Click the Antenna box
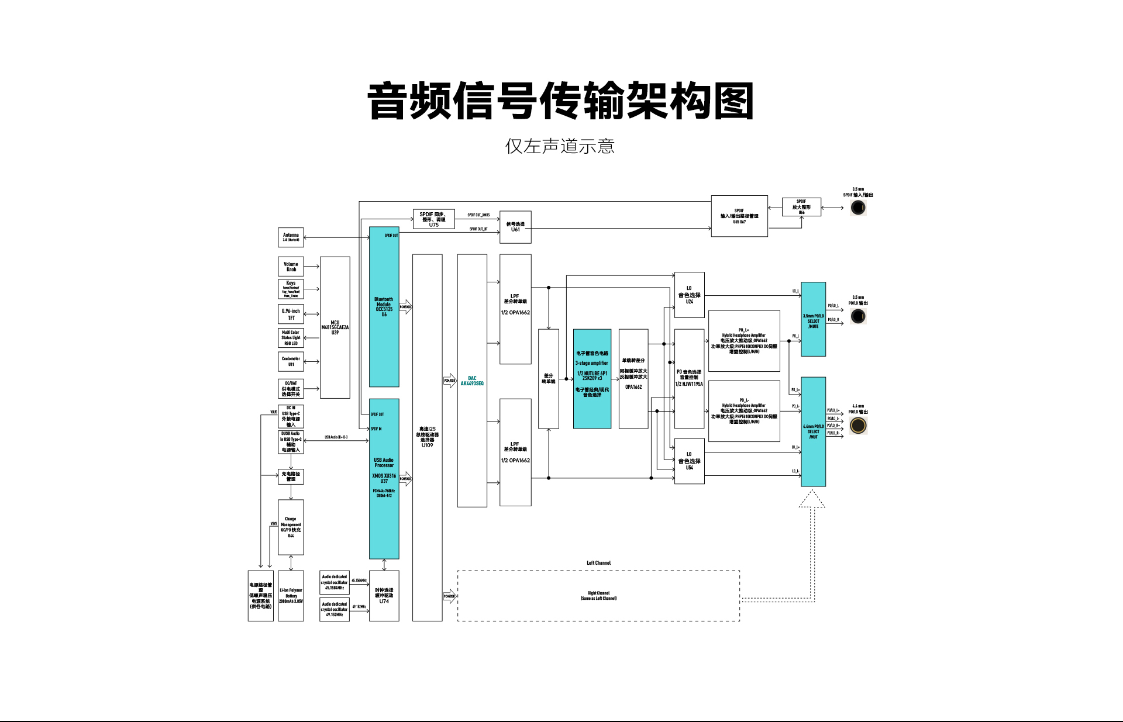point(291,237)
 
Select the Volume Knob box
point(291,267)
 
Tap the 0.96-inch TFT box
point(291,314)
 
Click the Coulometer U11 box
point(291,361)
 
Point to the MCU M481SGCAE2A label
point(335,327)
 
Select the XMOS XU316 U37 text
point(384,478)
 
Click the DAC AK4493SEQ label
point(472,381)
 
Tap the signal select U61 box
point(515,227)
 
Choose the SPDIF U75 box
point(433,219)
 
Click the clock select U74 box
point(384,596)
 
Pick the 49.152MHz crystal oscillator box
point(335,609)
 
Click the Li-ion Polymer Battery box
point(291,596)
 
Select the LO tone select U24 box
point(689,295)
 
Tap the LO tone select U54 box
point(689,461)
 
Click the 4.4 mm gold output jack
point(858,426)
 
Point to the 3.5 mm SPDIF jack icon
point(858,208)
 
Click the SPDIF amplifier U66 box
point(801,207)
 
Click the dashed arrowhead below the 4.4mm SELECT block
point(812,499)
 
